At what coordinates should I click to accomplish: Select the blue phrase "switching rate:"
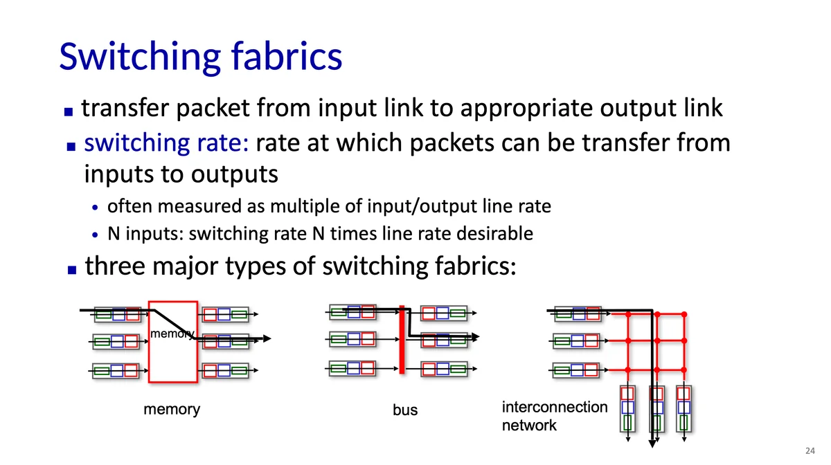166,143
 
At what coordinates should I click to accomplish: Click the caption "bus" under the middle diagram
405,410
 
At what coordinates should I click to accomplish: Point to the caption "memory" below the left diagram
171,409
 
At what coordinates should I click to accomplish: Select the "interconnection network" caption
554,416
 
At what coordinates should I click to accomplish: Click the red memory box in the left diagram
173,360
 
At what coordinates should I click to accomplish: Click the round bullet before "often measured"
96,207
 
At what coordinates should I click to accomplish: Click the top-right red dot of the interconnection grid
684,315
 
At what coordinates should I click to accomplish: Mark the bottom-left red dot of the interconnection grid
628,368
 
